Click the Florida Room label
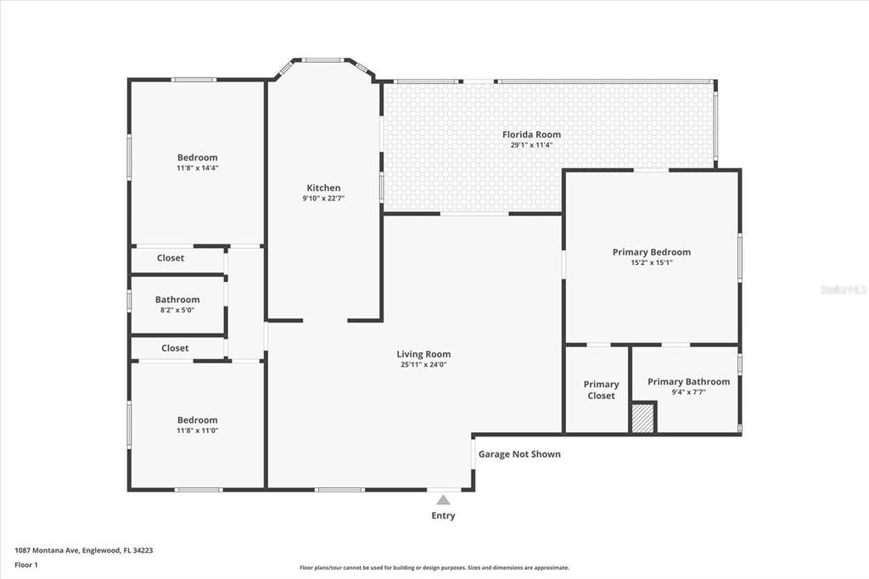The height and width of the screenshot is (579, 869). pos(531,134)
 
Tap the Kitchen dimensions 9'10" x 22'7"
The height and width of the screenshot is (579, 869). pos(323,199)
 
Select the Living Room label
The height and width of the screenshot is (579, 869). pos(423,354)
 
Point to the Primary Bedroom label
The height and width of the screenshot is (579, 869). pos(651,252)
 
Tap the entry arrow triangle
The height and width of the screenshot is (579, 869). pos(443,500)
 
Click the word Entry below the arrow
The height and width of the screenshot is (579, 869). pos(443,515)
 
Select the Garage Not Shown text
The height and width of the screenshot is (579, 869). pos(519,454)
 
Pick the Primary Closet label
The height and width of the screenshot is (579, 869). pos(601,390)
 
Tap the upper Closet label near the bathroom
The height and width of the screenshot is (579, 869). pos(171,258)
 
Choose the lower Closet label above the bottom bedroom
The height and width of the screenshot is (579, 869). pos(175,348)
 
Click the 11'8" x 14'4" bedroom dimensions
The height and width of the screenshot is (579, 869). pos(197,168)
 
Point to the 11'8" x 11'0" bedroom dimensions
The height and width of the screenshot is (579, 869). pos(197,430)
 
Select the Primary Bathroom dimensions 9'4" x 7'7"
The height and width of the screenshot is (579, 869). pos(688,392)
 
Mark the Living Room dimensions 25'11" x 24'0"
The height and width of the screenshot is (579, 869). pos(423,365)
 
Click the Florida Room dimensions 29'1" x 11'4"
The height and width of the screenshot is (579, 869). pos(531,145)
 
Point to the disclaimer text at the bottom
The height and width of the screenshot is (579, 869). pos(434,568)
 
